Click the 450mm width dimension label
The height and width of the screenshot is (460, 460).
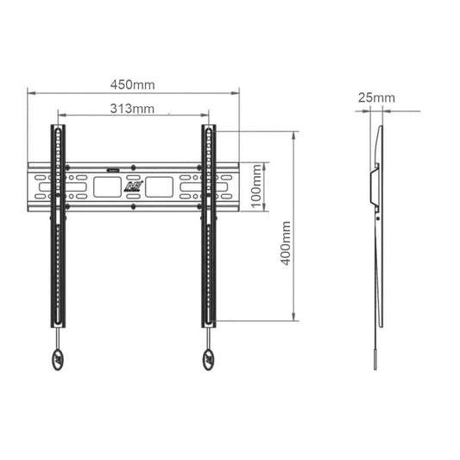(x=132, y=85)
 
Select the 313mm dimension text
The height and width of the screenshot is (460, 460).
(x=132, y=109)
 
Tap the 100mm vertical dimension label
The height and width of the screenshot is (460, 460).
(x=256, y=186)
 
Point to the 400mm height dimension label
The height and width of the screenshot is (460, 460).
(x=286, y=243)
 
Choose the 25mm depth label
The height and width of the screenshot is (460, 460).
(x=375, y=98)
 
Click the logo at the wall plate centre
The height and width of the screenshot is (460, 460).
(x=134, y=185)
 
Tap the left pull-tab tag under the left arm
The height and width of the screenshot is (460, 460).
(x=57, y=360)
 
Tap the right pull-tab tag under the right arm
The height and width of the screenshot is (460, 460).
(x=209, y=360)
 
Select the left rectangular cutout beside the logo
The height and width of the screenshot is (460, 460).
(x=107, y=186)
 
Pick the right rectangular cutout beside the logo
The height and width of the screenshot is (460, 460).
(x=161, y=186)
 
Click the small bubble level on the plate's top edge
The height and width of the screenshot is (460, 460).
(x=114, y=167)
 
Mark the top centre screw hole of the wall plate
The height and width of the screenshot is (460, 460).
(x=134, y=166)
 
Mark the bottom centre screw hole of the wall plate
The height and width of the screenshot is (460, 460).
(x=134, y=206)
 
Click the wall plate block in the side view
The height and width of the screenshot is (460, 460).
(x=373, y=186)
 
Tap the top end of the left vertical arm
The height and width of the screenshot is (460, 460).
(x=57, y=129)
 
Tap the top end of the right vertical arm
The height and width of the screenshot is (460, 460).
(x=209, y=129)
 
